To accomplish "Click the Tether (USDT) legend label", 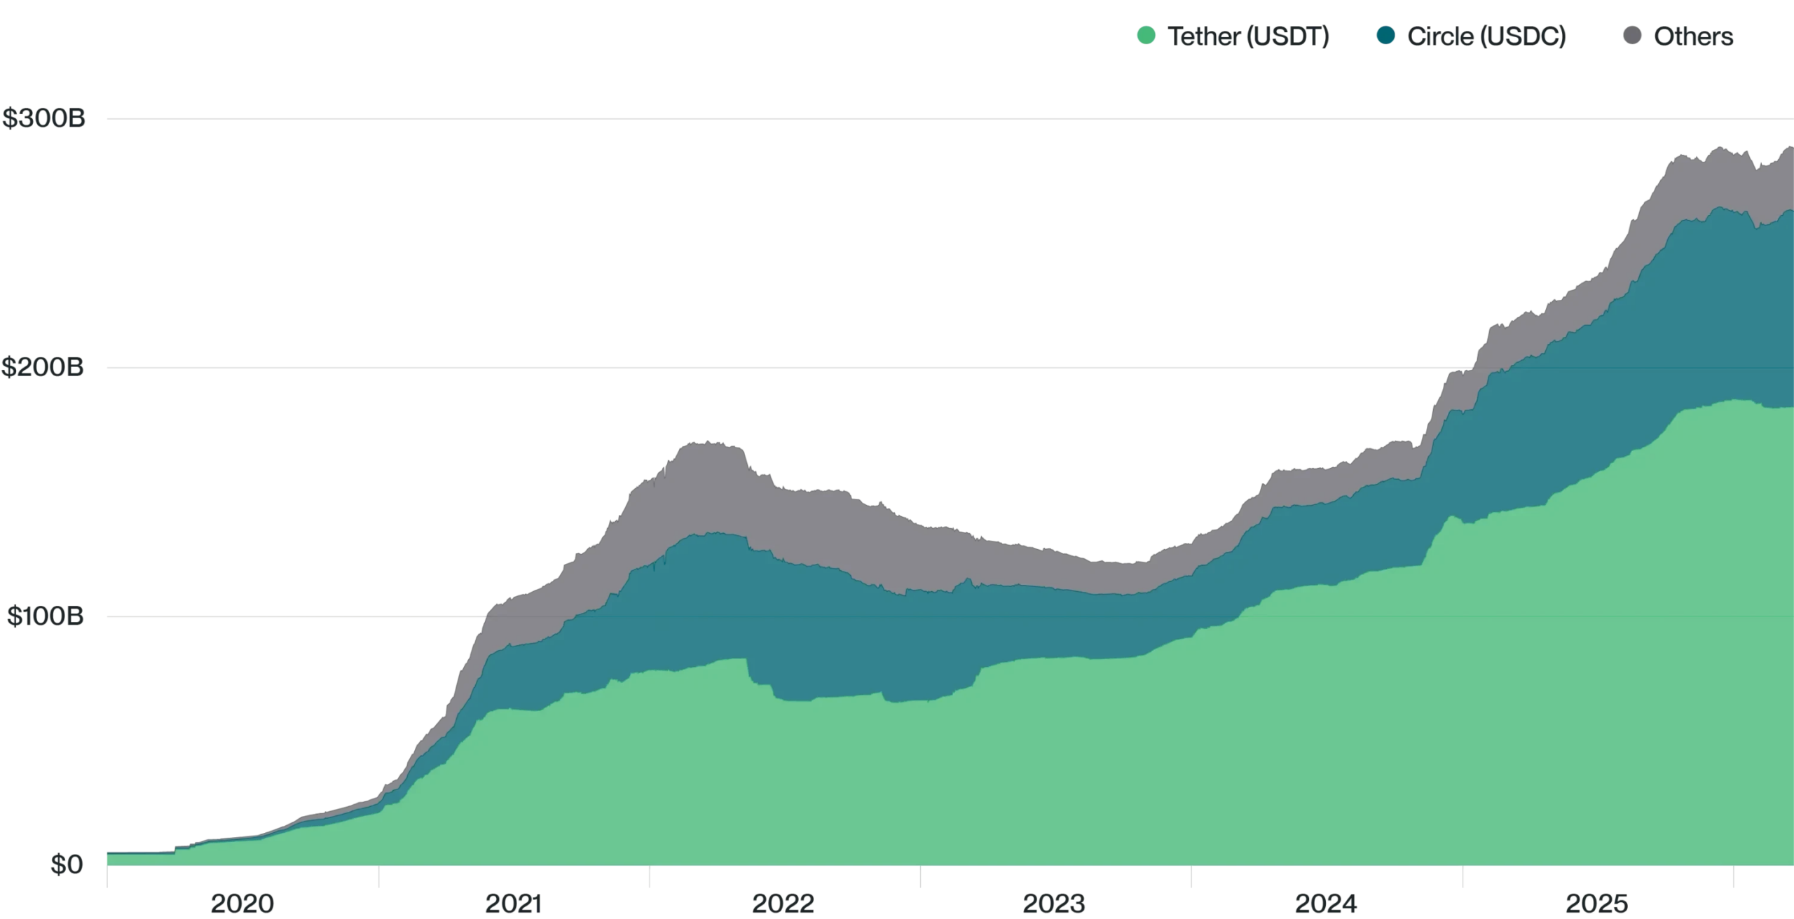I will pos(1248,36).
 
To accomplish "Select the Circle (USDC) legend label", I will pos(1486,36).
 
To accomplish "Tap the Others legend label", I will pos(1693,36).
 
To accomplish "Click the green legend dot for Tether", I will pos(1146,36).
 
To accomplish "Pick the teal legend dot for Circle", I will pos(1385,36).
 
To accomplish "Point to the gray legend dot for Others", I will pos(1632,36).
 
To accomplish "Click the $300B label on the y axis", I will pos(43,119).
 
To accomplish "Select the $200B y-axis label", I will pos(43,367).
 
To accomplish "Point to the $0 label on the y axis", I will pos(66,866).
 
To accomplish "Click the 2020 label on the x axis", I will pos(242,904).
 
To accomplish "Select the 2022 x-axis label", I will pos(783,904).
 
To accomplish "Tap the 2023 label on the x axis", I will pos(1054,904).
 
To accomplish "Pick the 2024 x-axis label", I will pos(1326,904).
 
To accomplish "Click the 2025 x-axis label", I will pos(1597,904).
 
